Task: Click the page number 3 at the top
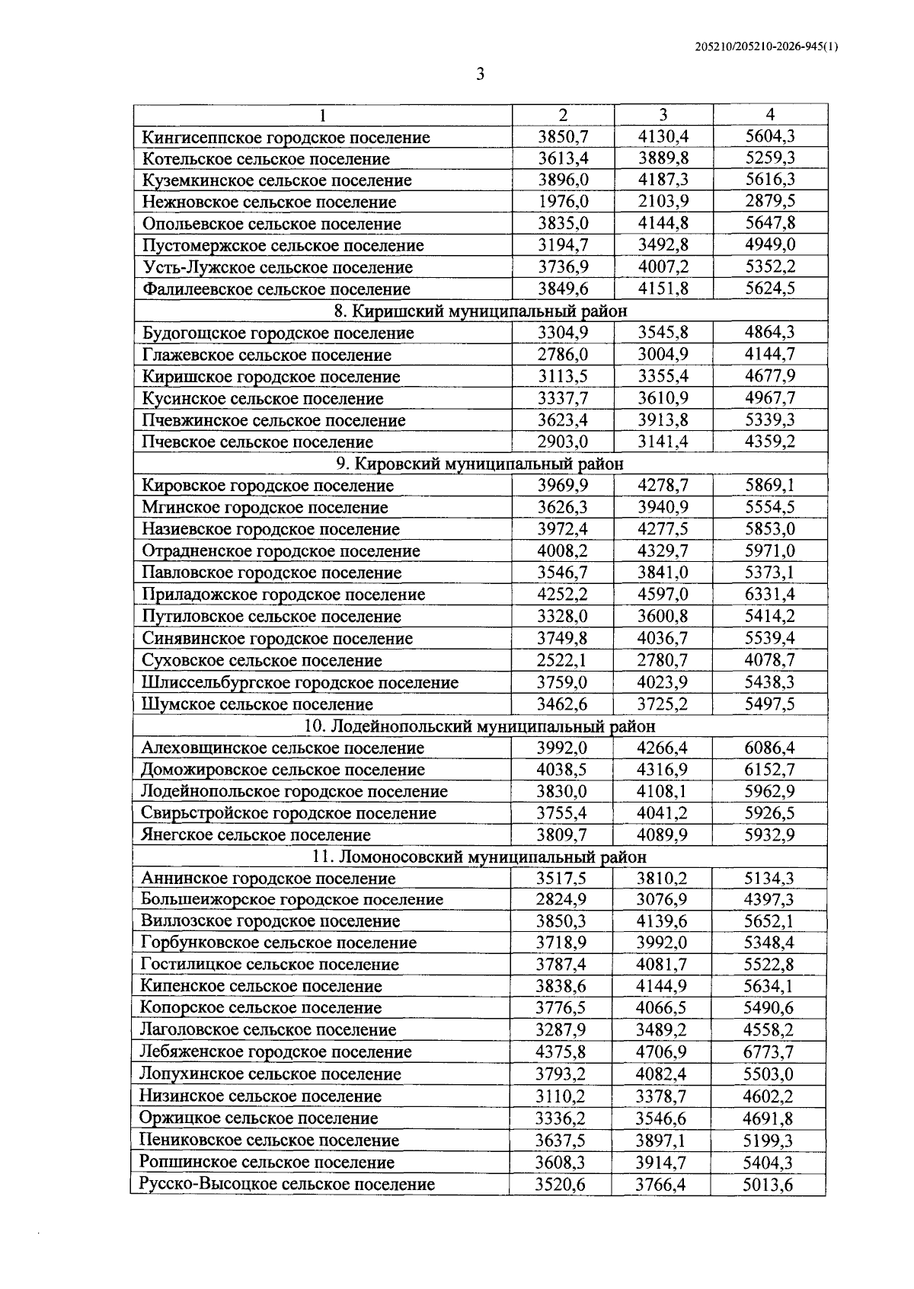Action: (480, 74)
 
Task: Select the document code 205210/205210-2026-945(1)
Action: (767, 47)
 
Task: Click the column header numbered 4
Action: (770, 115)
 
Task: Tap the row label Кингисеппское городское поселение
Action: (286, 137)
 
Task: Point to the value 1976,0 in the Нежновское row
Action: (563, 202)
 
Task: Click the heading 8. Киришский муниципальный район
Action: (481, 311)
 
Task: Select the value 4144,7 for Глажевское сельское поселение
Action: (769, 354)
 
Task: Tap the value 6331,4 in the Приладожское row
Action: (769, 594)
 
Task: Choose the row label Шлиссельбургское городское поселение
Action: (300, 681)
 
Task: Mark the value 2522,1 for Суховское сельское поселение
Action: (563, 660)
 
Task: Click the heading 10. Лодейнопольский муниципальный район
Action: (480, 726)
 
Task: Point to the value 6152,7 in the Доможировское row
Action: (769, 770)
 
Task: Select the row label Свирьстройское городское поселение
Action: (289, 813)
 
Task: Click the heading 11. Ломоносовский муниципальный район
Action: (480, 857)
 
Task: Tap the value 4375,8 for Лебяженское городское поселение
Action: (562, 1051)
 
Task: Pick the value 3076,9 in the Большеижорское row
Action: (662, 899)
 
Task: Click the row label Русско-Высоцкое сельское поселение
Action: (287, 1184)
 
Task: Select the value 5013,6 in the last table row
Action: (769, 1184)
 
